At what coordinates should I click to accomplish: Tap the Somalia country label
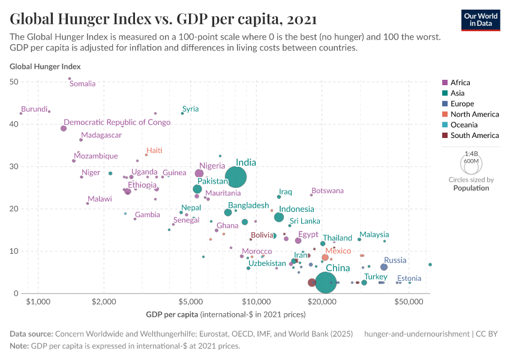click(83, 84)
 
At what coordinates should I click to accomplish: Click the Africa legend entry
click(460, 82)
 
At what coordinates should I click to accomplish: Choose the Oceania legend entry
click(464, 125)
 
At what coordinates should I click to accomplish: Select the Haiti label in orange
click(154, 151)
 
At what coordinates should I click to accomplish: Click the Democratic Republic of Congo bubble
click(64, 128)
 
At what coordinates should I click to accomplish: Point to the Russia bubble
click(384, 267)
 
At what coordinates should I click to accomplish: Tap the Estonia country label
click(409, 278)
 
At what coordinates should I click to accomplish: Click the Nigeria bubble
click(199, 173)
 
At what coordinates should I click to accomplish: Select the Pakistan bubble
click(197, 189)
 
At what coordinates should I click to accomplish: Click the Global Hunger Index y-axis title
click(45, 67)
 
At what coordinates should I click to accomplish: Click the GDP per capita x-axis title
click(172, 314)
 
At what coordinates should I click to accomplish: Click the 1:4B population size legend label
click(471, 154)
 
